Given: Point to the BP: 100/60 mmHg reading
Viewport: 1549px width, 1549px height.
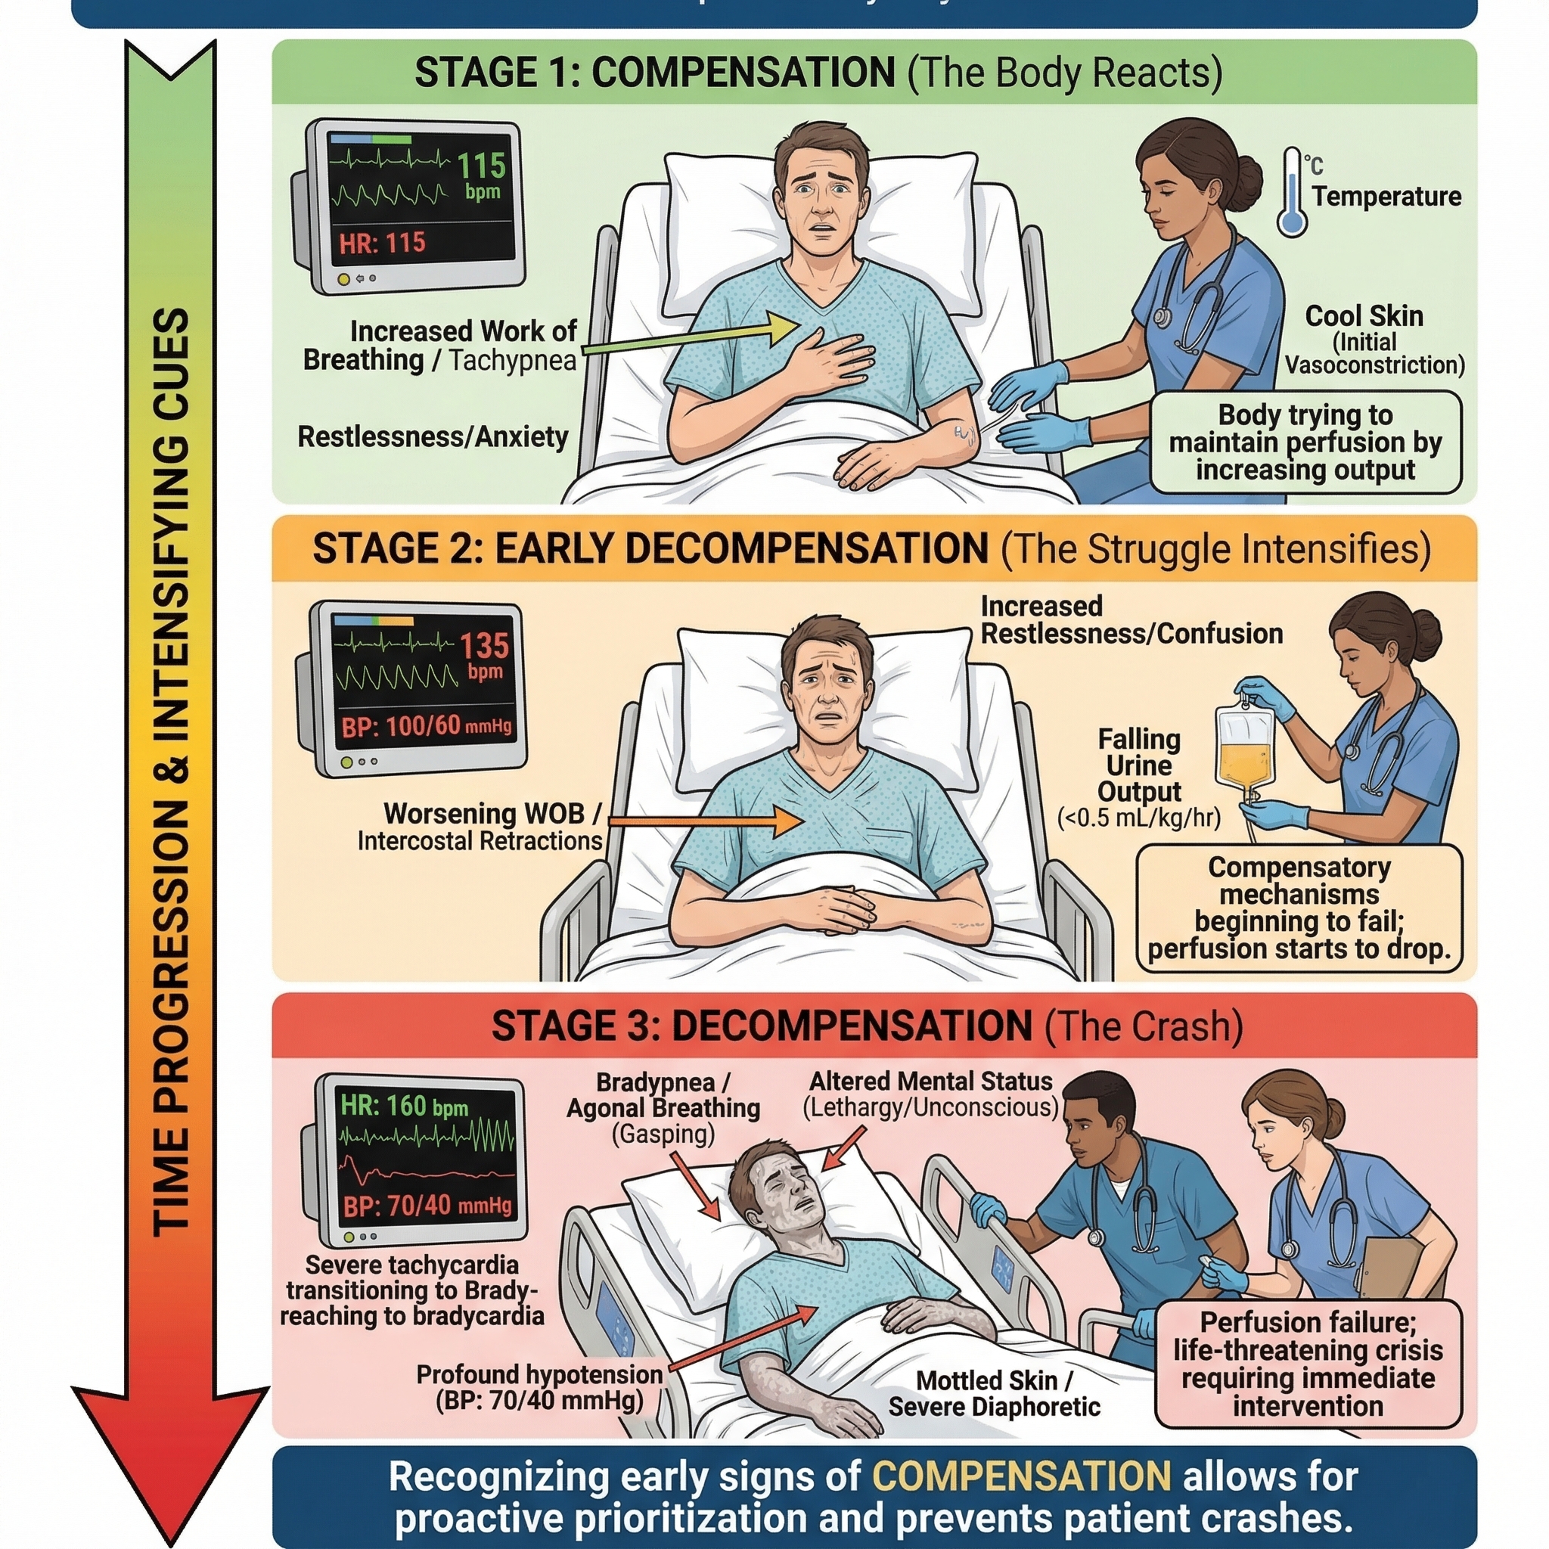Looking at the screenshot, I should (x=426, y=726).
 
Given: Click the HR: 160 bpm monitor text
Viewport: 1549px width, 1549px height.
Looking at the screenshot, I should (x=403, y=1107).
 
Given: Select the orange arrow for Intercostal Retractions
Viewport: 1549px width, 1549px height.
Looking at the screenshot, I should (x=706, y=821).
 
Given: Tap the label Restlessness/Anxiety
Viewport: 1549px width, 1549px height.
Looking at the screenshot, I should (x=433, y=437).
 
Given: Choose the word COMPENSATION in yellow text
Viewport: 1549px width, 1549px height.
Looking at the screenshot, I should (x=1021, y=1476).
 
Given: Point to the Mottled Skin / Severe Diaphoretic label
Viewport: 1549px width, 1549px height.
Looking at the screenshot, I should (x=994, y=1393).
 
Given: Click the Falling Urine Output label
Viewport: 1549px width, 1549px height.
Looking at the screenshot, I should (x=1138, y=765).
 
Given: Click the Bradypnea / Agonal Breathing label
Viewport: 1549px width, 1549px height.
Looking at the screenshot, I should (x=663, y=1095).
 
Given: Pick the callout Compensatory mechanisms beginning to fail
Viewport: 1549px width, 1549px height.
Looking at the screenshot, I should (x=1299, y=908).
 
